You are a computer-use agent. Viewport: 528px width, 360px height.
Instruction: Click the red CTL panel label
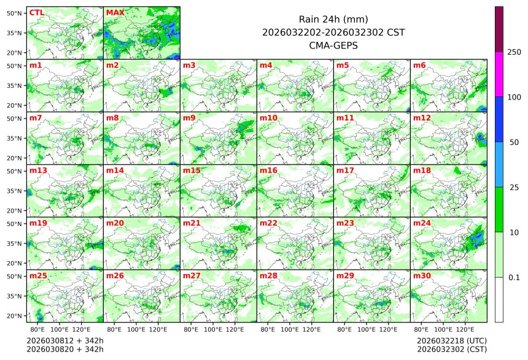point(36,12)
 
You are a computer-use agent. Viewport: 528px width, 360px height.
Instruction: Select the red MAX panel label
point(115,12)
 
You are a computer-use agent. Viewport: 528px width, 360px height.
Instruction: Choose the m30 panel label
point(421,276)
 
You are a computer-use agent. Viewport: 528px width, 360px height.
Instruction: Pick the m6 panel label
point(419,65)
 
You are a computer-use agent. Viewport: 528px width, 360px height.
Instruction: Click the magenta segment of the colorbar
point(499,74)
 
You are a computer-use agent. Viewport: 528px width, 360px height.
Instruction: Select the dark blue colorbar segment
point(499,119)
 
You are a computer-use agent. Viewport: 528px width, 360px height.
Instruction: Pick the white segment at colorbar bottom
point(499,299)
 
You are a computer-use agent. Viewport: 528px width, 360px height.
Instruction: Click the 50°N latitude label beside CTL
point(15,13)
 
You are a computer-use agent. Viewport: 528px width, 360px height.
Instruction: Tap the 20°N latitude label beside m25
point(15,316)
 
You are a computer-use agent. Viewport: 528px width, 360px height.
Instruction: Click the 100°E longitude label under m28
point(290,329)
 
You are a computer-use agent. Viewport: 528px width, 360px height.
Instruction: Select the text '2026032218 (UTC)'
point(451,340)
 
